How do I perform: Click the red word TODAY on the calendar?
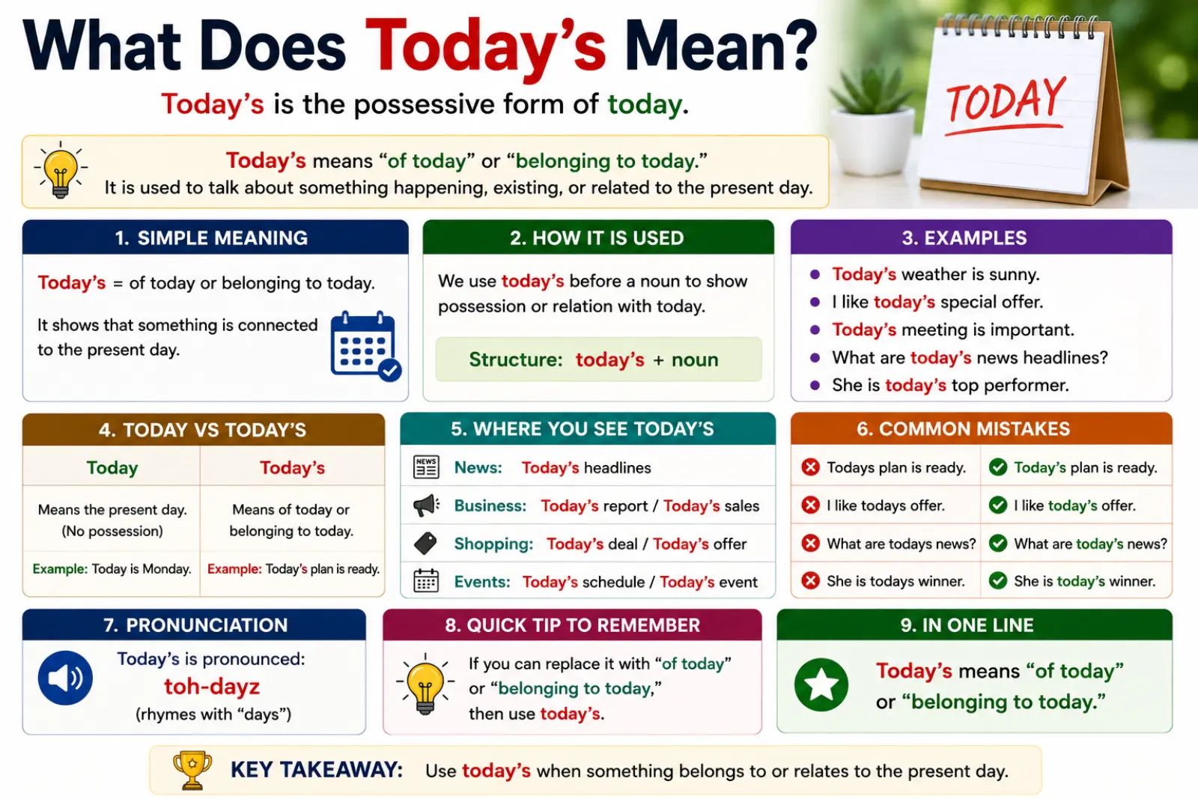[1006, 100]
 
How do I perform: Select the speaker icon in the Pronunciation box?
[65, 678]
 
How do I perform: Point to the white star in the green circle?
[821, 684]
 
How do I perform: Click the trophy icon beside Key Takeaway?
[192, 770]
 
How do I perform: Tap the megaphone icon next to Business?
[426, 505]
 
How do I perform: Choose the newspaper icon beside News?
[426, 467]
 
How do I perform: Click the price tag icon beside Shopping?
[426, 544]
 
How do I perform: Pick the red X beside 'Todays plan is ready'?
[810, 467]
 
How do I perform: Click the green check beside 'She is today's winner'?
[998, 580]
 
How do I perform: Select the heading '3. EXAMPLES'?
[964, 238]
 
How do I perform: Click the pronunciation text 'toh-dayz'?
[212, 686]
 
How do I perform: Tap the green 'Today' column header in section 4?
[112, 467]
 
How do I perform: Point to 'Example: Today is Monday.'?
[112, 568]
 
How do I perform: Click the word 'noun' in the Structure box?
[695, 359]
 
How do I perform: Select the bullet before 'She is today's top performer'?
[815, 385]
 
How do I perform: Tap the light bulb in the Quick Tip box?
[425, 684]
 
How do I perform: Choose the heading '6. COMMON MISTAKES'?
[963, 429]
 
